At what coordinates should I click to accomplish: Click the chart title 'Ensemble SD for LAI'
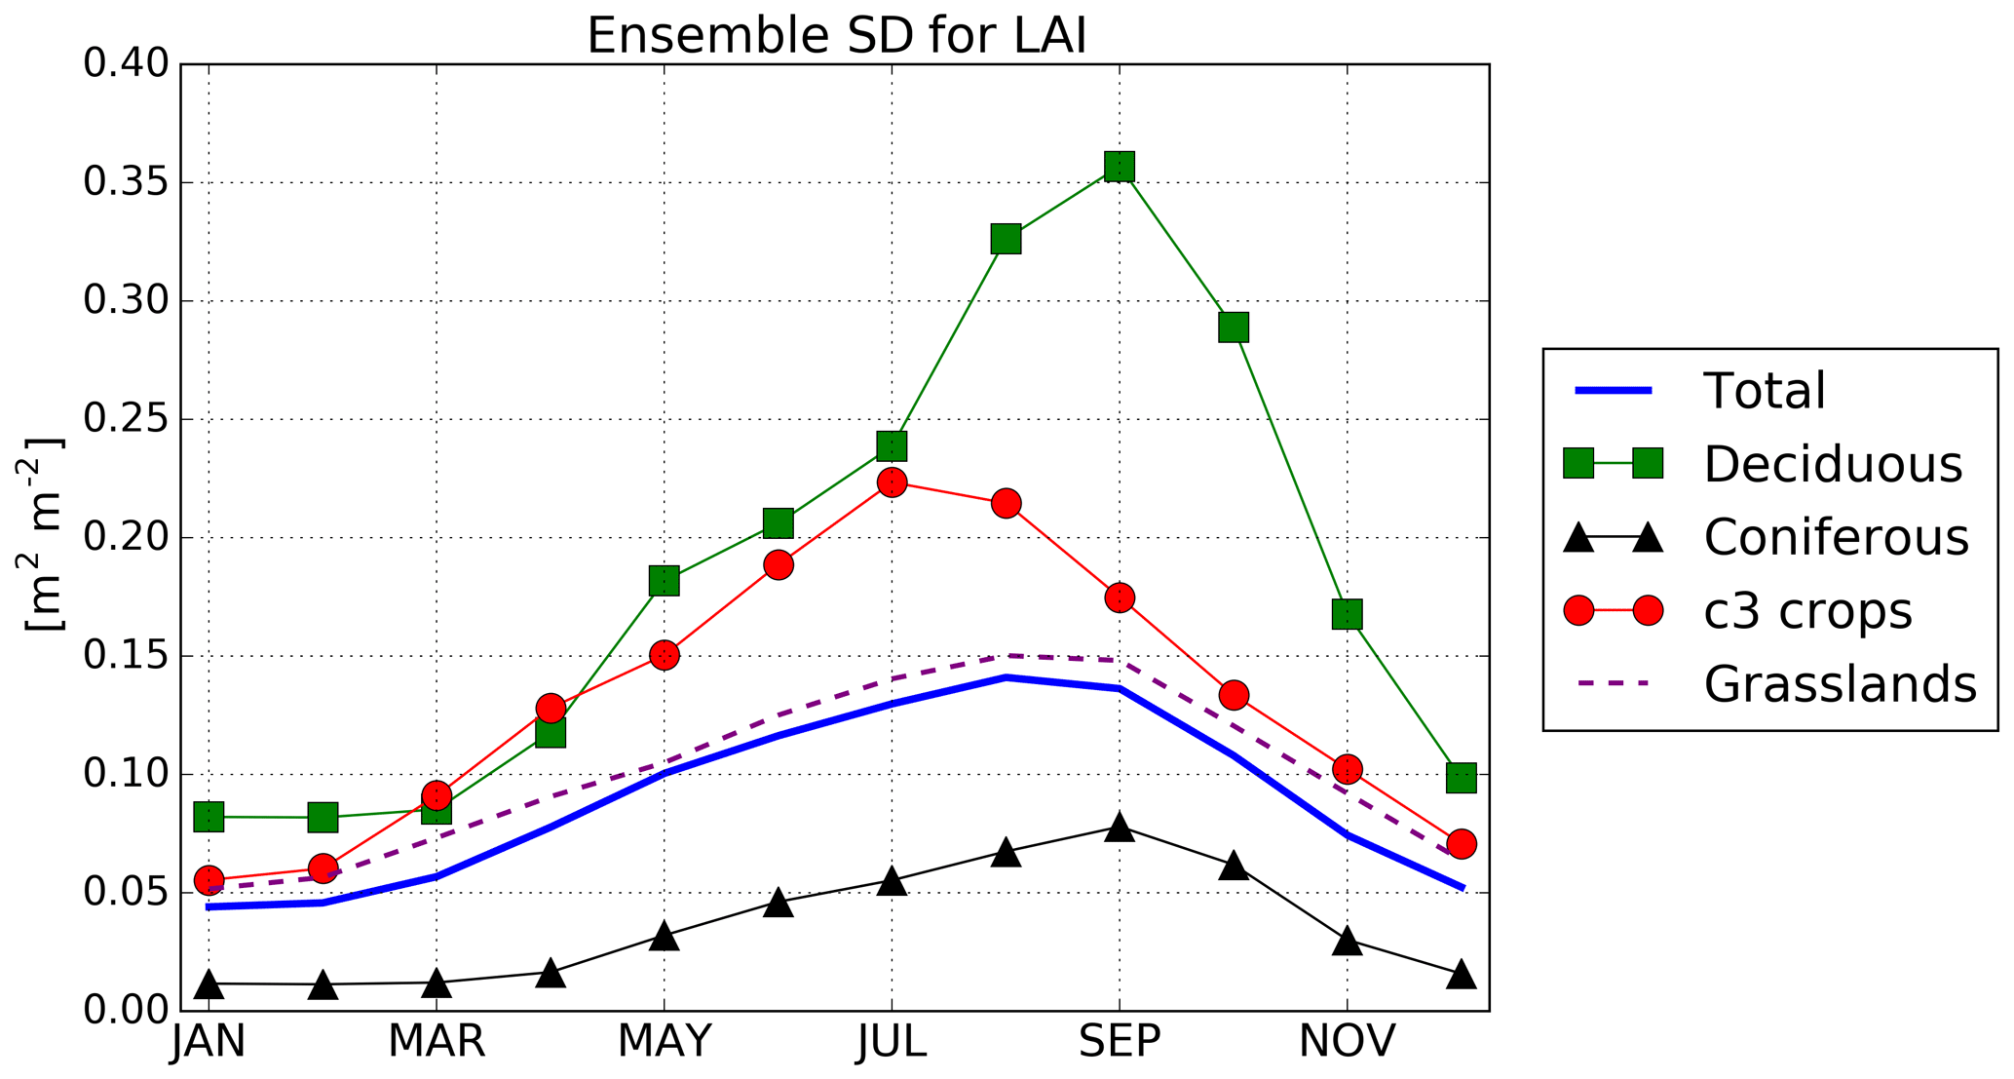(x=836, y=36)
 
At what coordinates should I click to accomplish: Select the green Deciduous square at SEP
(x=1120, y=166)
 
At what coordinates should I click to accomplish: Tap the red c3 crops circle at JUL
(x=892, y=482)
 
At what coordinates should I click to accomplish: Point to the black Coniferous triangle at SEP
(x=1120, y=829)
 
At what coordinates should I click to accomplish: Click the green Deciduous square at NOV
(x=1347, y=614)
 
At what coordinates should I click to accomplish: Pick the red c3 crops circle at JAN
(x=209, y=879)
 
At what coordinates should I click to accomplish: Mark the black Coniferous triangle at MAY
(x=664, y=937)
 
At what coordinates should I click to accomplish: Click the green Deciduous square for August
(x=1006, y=238)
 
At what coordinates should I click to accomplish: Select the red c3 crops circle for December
(x=1461, y=843)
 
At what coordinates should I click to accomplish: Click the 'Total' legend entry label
(x=1764, y=391)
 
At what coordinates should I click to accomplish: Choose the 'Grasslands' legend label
(x=1840, y=684)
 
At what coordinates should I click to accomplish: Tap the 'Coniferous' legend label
(x=1836, y=537)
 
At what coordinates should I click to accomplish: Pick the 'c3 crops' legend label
(x=1807, y=611)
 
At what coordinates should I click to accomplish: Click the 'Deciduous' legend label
(x=1832, y=464)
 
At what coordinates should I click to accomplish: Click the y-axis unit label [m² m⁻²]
(x=44, y=534)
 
